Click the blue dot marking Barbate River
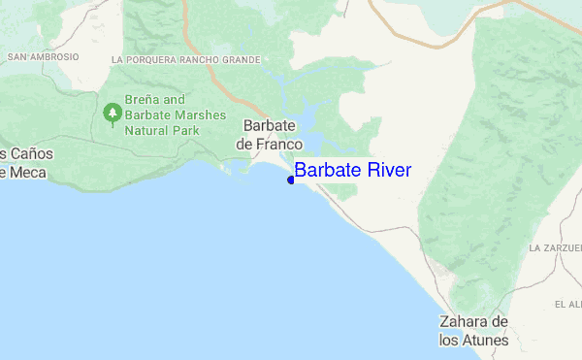(291, 180)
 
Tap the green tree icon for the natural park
(113, 114)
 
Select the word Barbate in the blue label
(326, 171)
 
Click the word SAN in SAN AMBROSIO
(16, 57)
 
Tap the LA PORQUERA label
(145, 60)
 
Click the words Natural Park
(167, 130)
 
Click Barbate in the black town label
(266, 126)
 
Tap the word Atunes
(486, 340)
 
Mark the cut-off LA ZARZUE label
(554, 248)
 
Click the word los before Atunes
(451, 340)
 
